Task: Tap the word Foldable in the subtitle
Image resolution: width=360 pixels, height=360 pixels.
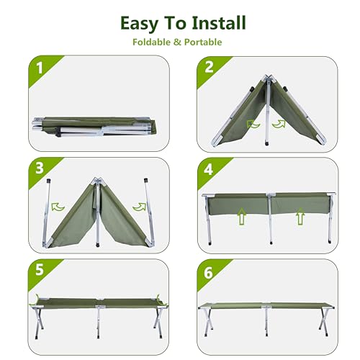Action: click(x=153, y=42)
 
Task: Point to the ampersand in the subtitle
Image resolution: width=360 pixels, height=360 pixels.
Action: click(x=177, y=42)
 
